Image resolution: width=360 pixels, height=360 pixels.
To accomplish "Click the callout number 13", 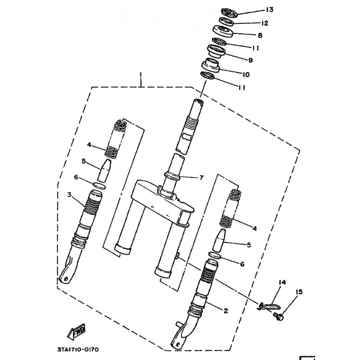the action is tap(270, 9).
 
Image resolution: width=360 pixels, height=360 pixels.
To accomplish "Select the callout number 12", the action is tap(265, 23).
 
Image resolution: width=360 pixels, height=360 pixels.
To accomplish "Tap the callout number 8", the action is tap(260, 36).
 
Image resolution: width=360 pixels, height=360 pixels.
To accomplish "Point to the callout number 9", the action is tap(250, 60).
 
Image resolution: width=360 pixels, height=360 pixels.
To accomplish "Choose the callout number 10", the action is tap(246, 75).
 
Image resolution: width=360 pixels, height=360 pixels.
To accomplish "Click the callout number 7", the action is tap(201, 177).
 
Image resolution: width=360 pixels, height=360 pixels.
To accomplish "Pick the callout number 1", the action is tap(141, 75).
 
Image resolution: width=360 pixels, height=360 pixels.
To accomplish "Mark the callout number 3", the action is tap(69, 195).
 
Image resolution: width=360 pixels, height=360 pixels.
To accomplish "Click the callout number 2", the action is tap(226, 310).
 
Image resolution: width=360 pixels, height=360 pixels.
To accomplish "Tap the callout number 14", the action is tap(282, 283).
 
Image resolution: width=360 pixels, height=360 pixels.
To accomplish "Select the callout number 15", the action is tap(299, 292).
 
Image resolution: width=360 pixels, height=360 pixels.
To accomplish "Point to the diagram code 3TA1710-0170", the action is tap(78, 350).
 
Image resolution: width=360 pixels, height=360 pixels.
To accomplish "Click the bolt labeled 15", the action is tap(279, 317).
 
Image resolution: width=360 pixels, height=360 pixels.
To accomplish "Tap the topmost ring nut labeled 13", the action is tap(229, 13).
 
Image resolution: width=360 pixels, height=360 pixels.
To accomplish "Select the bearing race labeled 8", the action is tap(223, 31).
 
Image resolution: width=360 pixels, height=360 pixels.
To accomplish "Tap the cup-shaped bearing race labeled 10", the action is tap(211, 65).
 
